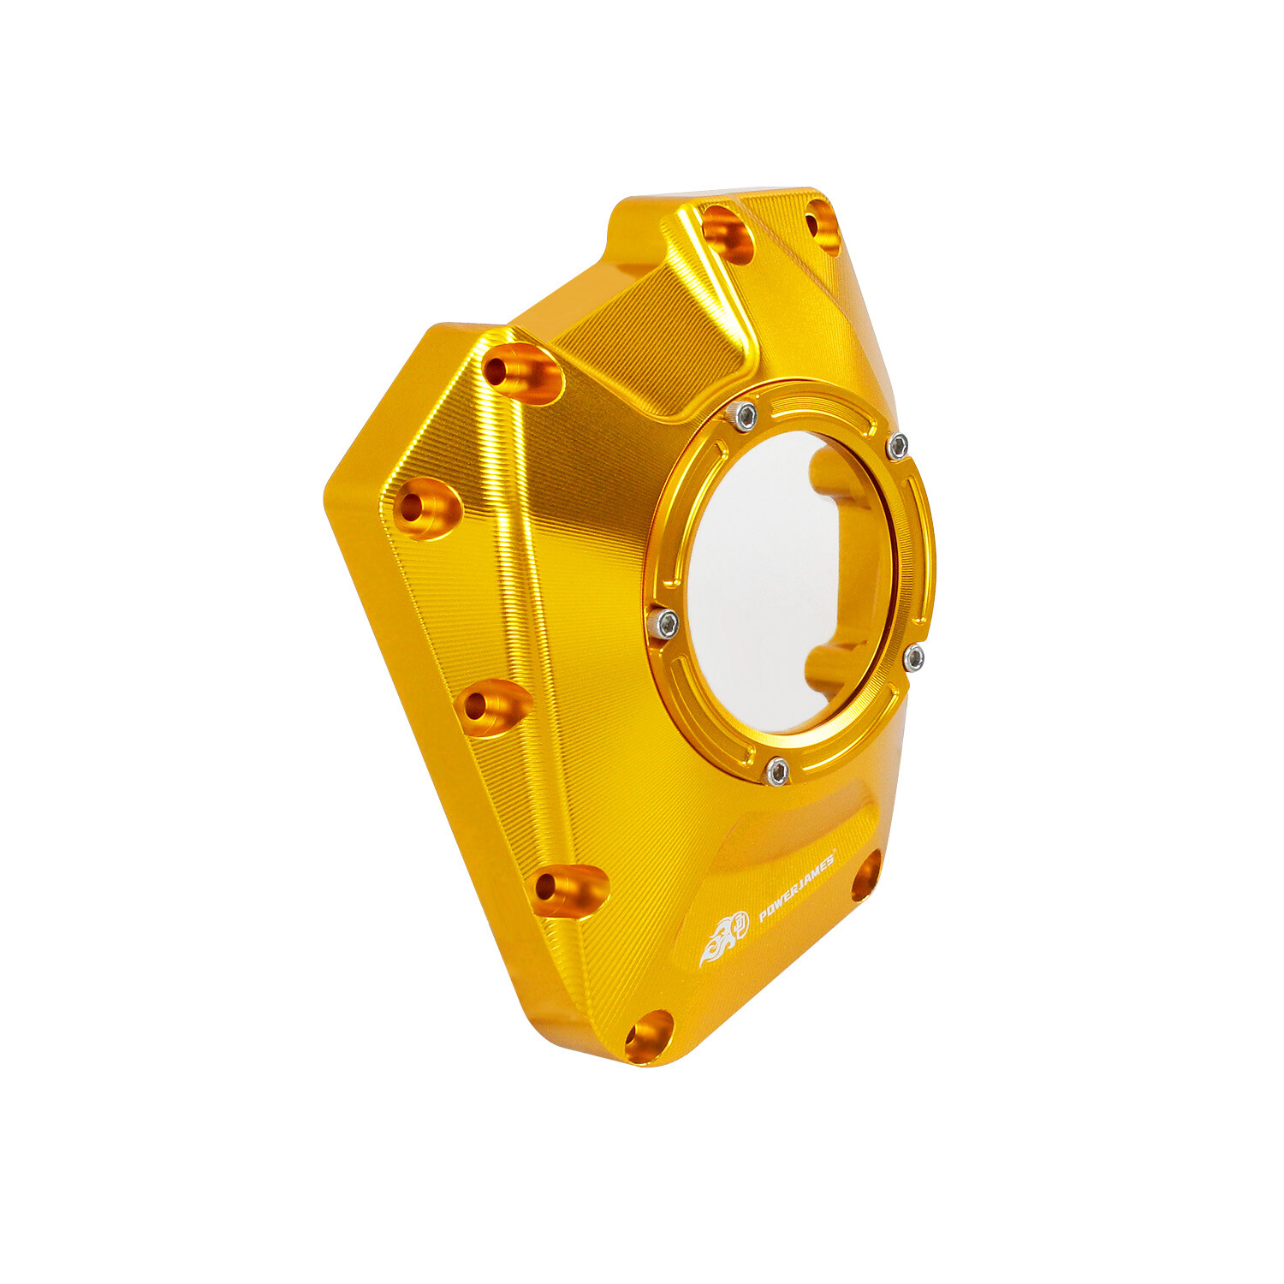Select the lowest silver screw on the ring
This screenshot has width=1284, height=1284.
[776, 772]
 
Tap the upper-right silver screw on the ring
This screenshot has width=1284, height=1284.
[896, 445]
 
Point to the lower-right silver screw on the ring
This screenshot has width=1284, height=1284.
[913, 657]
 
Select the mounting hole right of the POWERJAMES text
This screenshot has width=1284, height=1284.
[866, 875]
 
